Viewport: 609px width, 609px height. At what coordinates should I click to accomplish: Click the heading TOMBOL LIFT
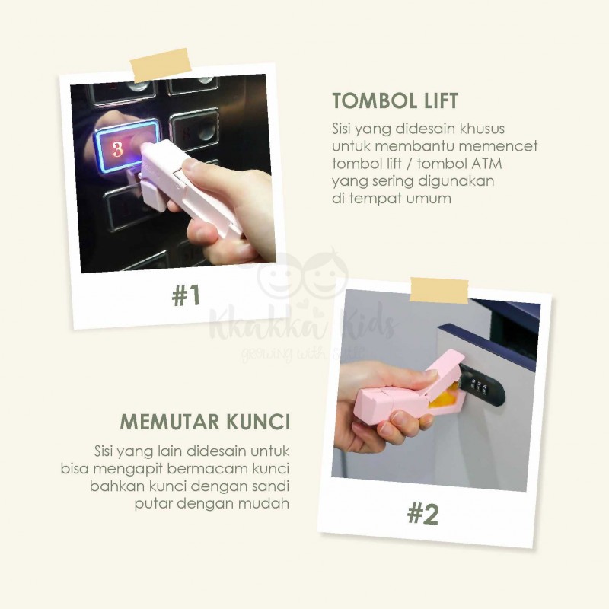pyautogui.click(x=395, y=100)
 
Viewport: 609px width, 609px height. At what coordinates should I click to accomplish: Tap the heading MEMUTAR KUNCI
pyautogui.click(x=205, y=422)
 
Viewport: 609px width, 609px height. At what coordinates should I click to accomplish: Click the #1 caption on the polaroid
pyautogui.click(x=186, y=295)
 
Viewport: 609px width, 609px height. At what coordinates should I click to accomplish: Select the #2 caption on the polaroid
pyautogui.click(x=423, y=514)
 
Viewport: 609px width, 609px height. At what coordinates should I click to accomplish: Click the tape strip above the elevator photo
pyautogui.click(x=161, y=65)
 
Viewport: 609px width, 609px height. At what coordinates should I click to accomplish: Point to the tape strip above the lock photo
pyautogui.click(x=439, y=291)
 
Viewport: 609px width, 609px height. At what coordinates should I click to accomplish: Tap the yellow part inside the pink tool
pyautogui.click(x=442, y=399)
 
